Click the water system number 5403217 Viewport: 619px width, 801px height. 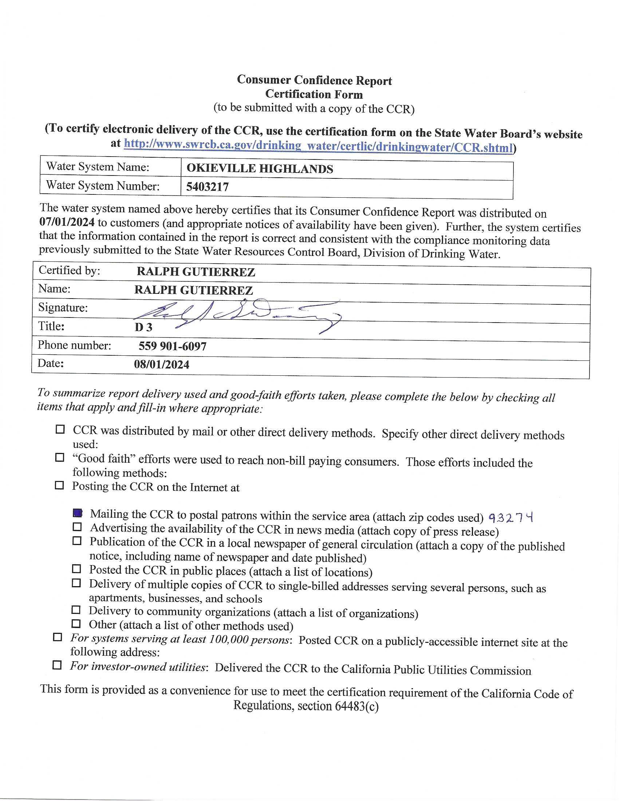pyautogui.click(x=207, y=187)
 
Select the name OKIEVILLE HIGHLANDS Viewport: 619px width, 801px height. pyautogui.click(x=260, y=169)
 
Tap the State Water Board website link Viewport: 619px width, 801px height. pyautogui.click(x=318, y=146)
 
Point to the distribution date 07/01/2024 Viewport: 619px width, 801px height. pyautogui.click(x=67, y=222)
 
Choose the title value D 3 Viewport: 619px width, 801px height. pyautogui.click(x=143, y=327)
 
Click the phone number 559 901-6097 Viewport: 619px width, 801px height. pyautogui.click(x=172, y=346)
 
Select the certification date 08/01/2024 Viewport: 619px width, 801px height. pyautogui.click(x=162, y=364)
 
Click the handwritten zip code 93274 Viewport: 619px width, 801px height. pyautogui.click(x=511, y=517)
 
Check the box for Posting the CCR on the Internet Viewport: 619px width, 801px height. pyautogui.click(x=59, y=486)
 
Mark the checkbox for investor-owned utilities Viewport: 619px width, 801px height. pyautogui.click(x=57, y=664)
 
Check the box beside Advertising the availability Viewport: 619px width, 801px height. pyautogui.click(x=77, y=527)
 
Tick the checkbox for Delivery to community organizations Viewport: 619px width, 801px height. pyautogui.click(x=76, y=610)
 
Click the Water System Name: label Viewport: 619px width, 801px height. pyautogui.click(x=98, y=167)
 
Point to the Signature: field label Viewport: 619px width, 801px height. pyautogui.click(x=63, y=307)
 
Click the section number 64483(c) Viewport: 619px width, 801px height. pyautogui.click(x=356, y=706)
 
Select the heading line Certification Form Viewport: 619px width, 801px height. pyautogui.click(x=314, y=94)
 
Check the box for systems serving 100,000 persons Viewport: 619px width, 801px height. pyautogui.click(x=58, y=637)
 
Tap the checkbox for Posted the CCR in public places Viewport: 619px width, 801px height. pyautogui.click(x=76, y=569)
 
